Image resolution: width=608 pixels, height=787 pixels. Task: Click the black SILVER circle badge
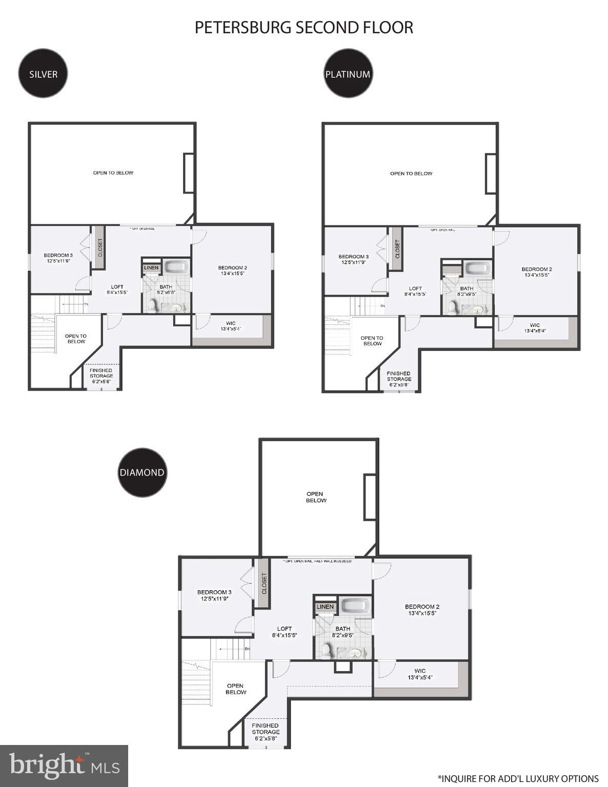click(43, 73)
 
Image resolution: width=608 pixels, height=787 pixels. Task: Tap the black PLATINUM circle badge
click(348, 73)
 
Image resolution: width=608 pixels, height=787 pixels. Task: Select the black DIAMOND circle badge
click(142, 472)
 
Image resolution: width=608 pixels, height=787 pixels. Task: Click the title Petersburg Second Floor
click(303, 27)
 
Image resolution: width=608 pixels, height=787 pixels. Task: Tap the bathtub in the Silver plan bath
click(177, 267)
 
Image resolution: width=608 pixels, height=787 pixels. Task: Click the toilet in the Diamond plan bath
click(326, 650)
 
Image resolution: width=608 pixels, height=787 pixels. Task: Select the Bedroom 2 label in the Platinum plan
click(536, 272)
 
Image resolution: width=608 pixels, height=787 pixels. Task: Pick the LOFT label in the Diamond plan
click(285, 632)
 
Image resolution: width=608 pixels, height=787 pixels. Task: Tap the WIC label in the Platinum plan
click(535, 328)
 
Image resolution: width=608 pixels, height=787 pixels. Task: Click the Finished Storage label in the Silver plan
click(101, 376)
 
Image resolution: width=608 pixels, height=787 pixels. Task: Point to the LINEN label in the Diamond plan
click(325, 607)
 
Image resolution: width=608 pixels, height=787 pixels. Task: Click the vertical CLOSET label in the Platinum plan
click(397, 250)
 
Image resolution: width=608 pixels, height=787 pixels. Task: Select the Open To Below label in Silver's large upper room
click(113, 173)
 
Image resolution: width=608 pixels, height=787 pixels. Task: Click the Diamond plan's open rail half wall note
click(318, 561)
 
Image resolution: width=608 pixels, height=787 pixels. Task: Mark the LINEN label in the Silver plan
click(151, 268)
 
